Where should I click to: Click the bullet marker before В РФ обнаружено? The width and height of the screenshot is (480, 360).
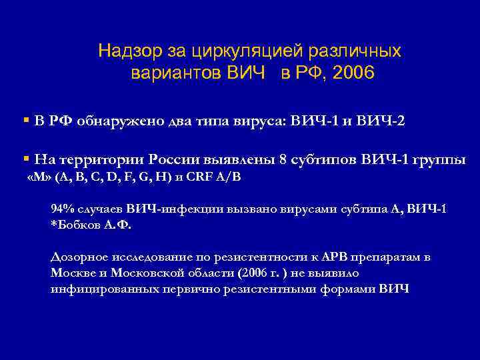click(25, 121)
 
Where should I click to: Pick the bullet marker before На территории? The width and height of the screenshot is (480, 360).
click(25, 159)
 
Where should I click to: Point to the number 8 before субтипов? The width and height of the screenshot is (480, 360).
click(283, 159)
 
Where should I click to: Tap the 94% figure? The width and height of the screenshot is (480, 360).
click(63, 209)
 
